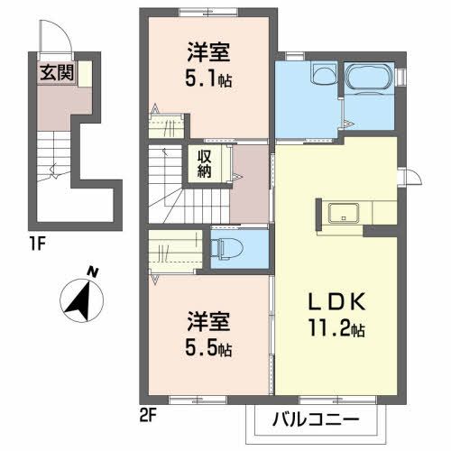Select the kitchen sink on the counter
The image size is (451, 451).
click(x=343, y=213)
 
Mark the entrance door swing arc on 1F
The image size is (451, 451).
click(x=52, y=41)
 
